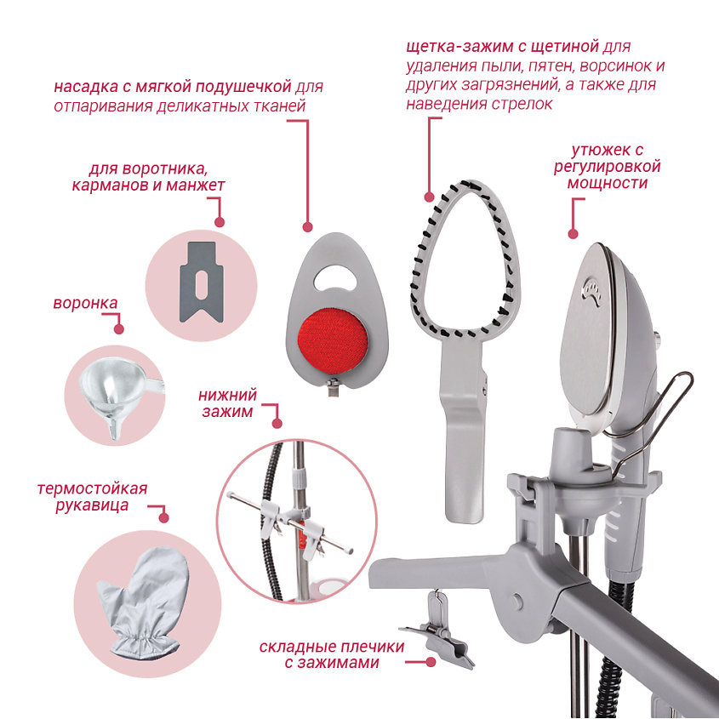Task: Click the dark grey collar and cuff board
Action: [x=202, y=282]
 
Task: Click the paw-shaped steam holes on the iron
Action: [x=591, y=291]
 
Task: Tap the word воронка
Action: [x=85, y=303]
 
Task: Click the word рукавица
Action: [x=92, y=505]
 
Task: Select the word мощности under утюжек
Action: [x=608, y=184]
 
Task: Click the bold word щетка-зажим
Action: [x=460, y=46]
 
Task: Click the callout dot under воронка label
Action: [x=119, y=328]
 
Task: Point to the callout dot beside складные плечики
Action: [x=430, y=662]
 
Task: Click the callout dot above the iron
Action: [x=573, y=234]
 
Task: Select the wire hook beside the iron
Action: [x=651, y=419]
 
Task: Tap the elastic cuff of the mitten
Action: [x=143, y=642]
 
